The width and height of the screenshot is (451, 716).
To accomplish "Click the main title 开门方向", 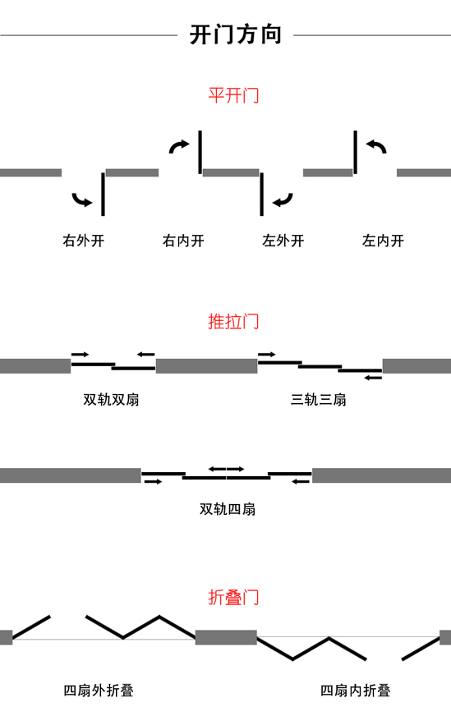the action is (235, 35).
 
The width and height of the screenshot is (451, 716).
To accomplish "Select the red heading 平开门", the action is (233, 95).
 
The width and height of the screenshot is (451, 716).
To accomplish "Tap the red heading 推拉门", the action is (233, 322).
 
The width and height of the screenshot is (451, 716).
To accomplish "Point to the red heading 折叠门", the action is (233, 597).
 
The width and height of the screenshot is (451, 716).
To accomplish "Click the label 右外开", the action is (84, 241).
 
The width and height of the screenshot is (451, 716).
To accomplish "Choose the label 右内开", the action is (183, 241).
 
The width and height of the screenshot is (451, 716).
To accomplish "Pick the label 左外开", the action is (283, 241).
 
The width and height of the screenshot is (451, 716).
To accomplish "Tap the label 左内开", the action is (383, 241).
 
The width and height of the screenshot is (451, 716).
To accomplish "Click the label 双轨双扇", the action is (111, 400).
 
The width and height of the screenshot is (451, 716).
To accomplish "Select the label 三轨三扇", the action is (319, 400).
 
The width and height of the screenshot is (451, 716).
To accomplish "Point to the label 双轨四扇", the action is (227, 509).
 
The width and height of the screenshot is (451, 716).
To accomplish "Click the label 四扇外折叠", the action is (99, 691).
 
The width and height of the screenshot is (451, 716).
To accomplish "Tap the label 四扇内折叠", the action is (355, 691).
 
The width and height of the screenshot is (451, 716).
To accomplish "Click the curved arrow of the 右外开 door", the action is (80, 200).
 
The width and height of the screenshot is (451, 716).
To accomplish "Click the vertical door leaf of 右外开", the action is (104, 194).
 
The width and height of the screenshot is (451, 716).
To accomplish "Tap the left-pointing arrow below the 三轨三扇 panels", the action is (373, 378).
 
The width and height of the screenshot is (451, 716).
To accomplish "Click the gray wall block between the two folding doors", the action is (226, 637).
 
